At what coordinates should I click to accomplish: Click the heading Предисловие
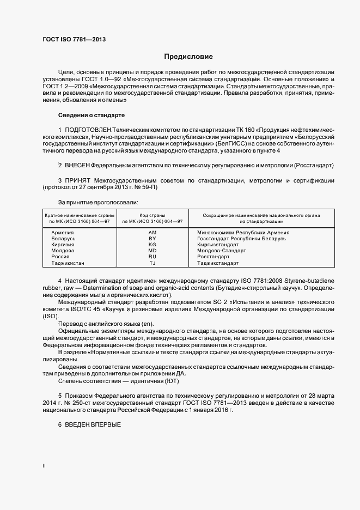click(189, 57)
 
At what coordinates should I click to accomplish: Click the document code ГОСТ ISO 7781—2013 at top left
click(74, 39)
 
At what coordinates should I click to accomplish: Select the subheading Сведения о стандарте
click(91, 116)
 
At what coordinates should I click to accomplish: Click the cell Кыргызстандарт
click(218, 245)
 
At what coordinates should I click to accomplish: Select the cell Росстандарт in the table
click(213, 257)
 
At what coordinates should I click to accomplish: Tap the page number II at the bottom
click(44, 466)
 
